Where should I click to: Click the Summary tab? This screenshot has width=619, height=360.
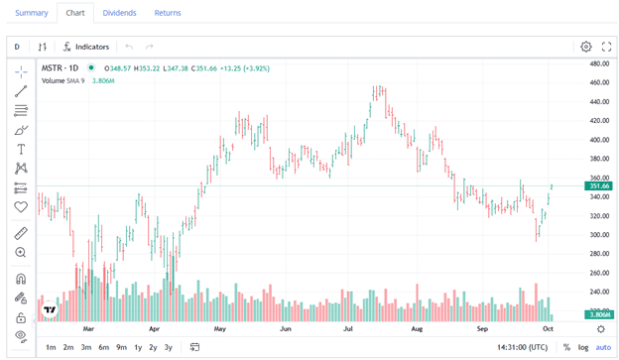(x=32, y=13)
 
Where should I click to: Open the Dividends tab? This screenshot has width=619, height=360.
(x=120, y=13)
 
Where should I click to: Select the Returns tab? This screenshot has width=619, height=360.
(x=168, y=13)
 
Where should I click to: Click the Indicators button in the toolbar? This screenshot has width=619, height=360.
(x=86, y=47)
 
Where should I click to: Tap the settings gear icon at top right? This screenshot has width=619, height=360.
(x=586, y=47)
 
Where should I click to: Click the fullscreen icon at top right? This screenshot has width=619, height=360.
(x=606, y=47)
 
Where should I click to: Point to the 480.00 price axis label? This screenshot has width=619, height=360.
(x=599, y=63)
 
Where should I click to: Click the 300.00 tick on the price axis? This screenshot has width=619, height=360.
(x=599, y=235)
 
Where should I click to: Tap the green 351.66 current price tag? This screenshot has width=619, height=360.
(x=599, y=186)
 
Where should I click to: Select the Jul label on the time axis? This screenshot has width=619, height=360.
(x=349, y=327)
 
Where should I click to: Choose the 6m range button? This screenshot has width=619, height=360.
(x=104, y=347)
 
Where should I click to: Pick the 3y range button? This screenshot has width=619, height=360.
(x=169, y=347)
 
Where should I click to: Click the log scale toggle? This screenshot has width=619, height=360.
(x=583, y=347)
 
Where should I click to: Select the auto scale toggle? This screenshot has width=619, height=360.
(x=603, y=347)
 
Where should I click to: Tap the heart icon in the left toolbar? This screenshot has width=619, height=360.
(x=21, y=207)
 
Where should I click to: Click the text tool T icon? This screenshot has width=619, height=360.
(x=21, y=149)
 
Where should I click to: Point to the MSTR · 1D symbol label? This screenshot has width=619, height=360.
(x=61, y=68)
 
